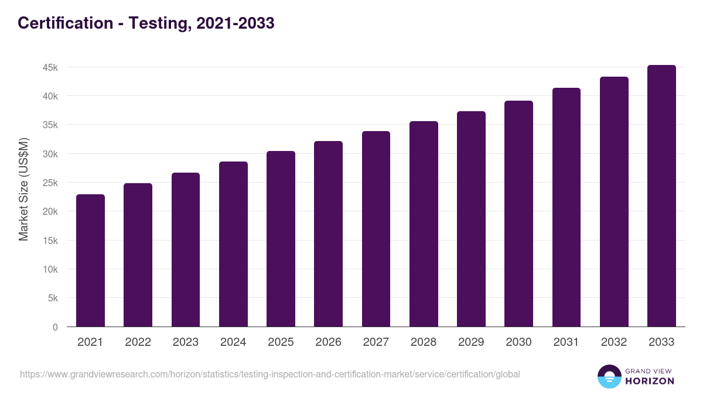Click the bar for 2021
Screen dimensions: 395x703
click(x=90, y=260)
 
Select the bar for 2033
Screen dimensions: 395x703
click(x=661, y=196)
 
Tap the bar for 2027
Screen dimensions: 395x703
click(x=376, y=229)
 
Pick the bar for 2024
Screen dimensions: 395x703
click(x=233, y=244)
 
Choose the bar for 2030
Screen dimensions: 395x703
click(x=518, y=214)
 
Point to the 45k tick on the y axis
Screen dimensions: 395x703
click(x=50, y=67)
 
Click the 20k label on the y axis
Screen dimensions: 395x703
click(x=50, y=212)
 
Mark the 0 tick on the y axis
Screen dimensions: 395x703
click(x=55, y=327)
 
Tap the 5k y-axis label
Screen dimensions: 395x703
click(x=52, y=298)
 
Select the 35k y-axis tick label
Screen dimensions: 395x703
click(x=50, y=125)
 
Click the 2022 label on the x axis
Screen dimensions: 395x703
click(x=138, y=342)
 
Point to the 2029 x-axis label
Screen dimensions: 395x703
click(x=471, y=342)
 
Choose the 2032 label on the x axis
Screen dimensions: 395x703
click(x=614, y=342)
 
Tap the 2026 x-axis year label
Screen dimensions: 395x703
click(x=328, y=342)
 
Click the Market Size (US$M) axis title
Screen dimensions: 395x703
click(x=23, y=188)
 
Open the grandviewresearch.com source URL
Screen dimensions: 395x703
click(x=269, y=374)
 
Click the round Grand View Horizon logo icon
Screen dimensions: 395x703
click(x=609, y=377)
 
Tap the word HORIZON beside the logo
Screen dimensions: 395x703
click(x=650, y=381)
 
